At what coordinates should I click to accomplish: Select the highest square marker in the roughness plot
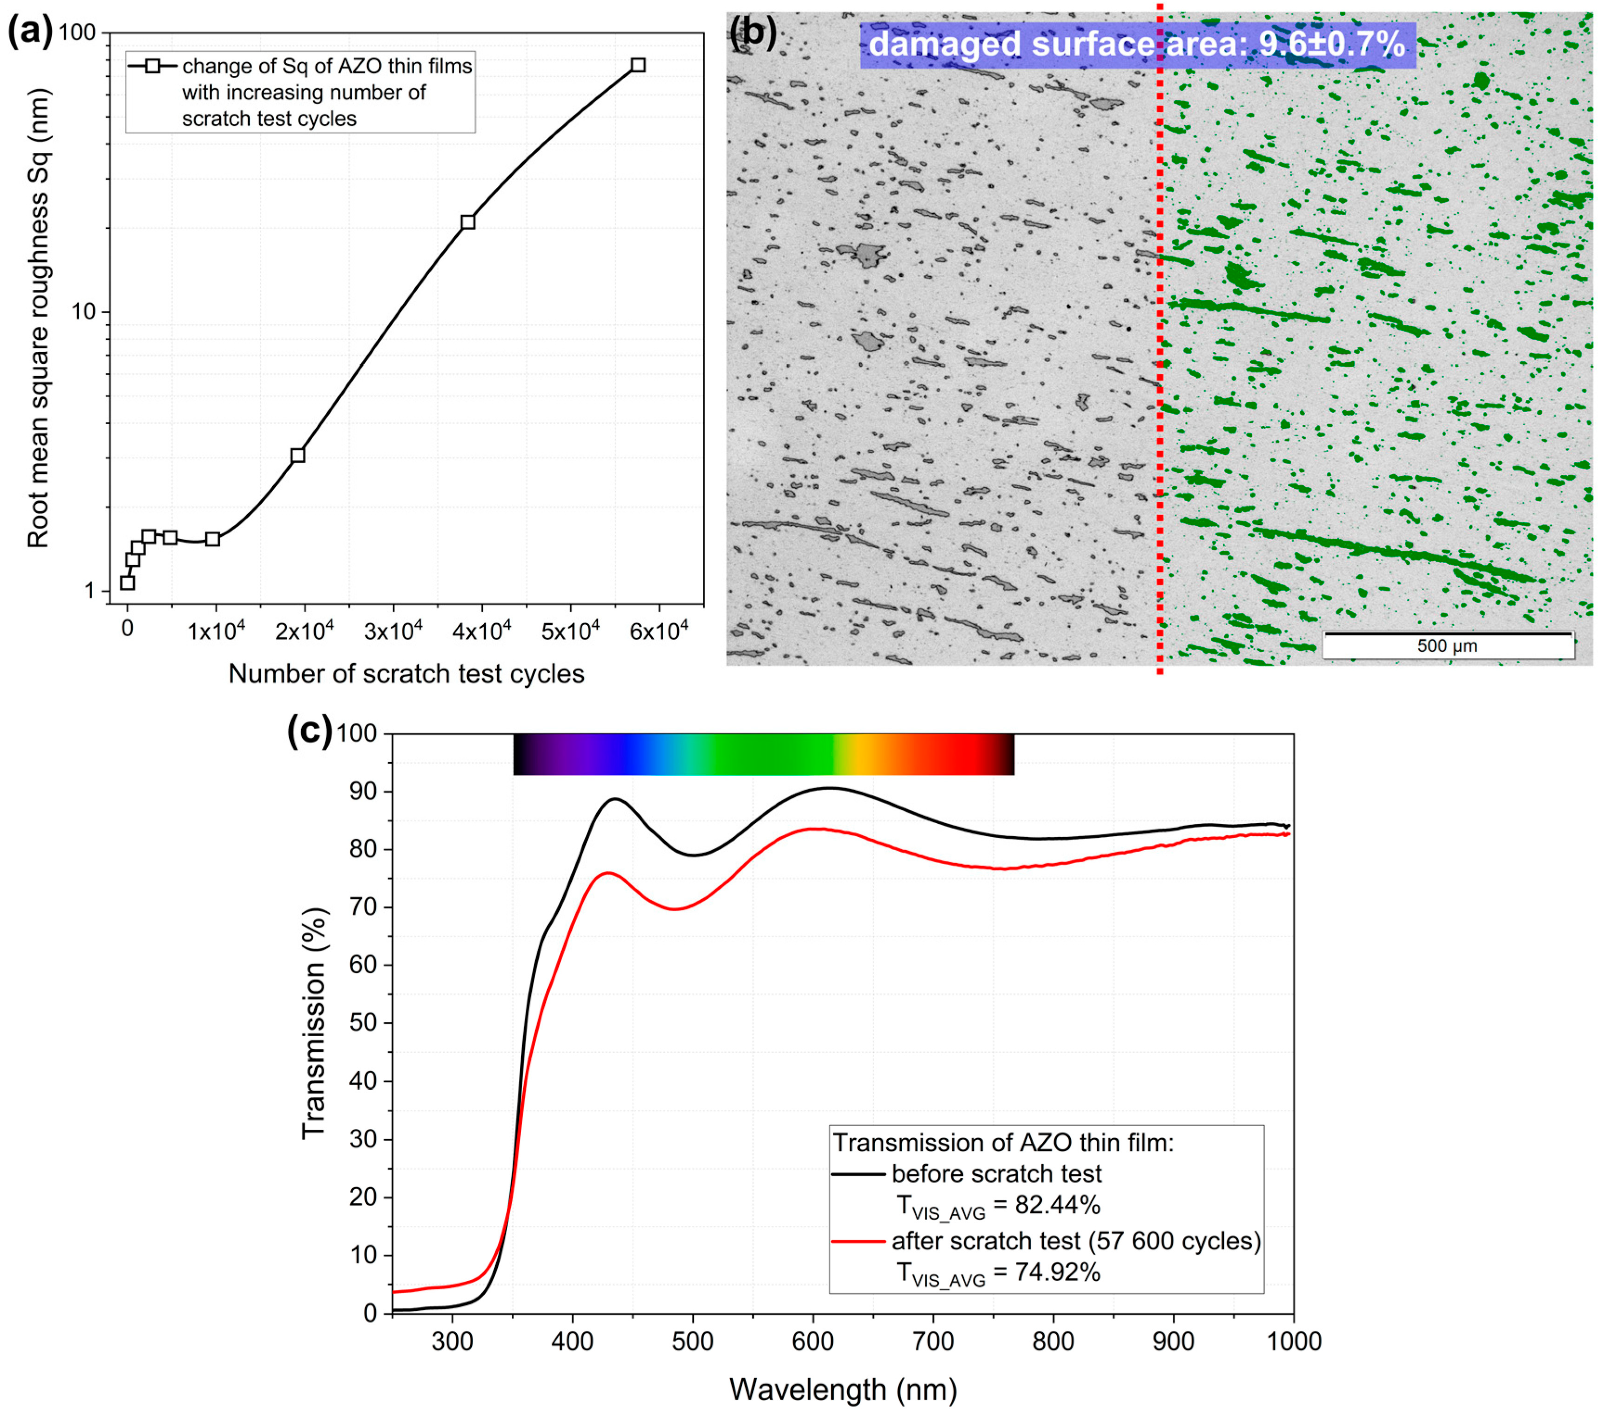(638, 65)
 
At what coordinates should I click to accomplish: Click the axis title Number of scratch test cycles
(406, 674)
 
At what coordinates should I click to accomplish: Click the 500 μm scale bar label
(1447, 647)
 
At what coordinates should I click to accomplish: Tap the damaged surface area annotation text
(1137, 44)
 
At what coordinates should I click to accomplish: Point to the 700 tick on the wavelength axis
(933, 1342)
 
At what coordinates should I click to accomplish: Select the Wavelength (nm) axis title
(843, 1390)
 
